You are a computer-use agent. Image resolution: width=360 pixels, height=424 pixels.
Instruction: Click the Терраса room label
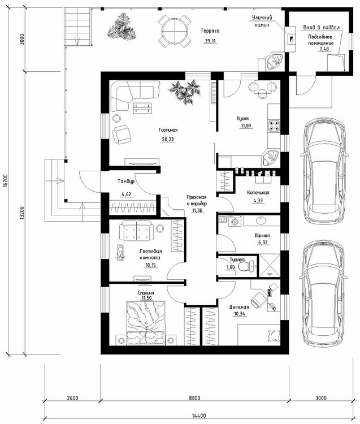coord(210,31)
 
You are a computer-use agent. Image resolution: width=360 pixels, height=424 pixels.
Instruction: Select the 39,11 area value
coord(210,41)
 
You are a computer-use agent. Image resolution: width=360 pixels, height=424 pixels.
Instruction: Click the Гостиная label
coord(168,130)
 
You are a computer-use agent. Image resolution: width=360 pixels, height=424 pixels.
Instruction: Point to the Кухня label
coord(242,119)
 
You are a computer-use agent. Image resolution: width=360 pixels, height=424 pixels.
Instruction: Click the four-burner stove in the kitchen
coord(274,126)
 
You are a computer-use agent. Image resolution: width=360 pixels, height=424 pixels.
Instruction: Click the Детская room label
coord(239,307)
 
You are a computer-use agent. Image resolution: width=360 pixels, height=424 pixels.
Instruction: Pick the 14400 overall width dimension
coord(199,416)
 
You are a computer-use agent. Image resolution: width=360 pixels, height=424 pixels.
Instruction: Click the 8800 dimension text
coord(194,398)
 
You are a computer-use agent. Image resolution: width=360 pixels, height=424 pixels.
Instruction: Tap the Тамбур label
coord(126,181)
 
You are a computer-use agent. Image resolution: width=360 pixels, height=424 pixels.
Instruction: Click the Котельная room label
coord(258,193)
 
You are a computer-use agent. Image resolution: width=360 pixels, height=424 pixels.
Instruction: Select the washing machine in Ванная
coord(235,221)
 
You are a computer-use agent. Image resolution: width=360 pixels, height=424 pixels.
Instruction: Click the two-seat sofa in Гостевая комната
coord(135,231)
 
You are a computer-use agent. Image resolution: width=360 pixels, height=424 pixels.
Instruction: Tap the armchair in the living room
coord(121,134)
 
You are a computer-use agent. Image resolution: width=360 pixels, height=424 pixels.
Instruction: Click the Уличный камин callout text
coord(262,21)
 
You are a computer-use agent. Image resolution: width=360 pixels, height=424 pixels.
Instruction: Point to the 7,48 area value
coord(324,49)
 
